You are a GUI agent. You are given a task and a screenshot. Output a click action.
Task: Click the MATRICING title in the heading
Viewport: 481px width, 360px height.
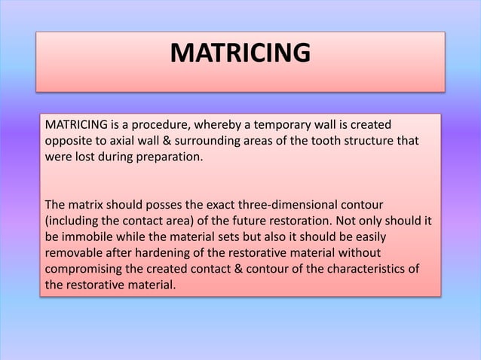pos(240,54)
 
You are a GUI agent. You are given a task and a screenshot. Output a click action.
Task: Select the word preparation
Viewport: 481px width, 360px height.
pos(171,160)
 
